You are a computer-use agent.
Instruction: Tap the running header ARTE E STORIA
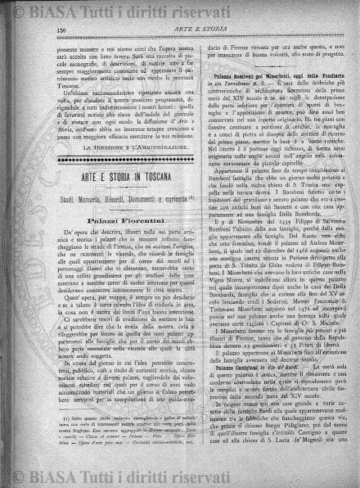[x=200, y=30]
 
